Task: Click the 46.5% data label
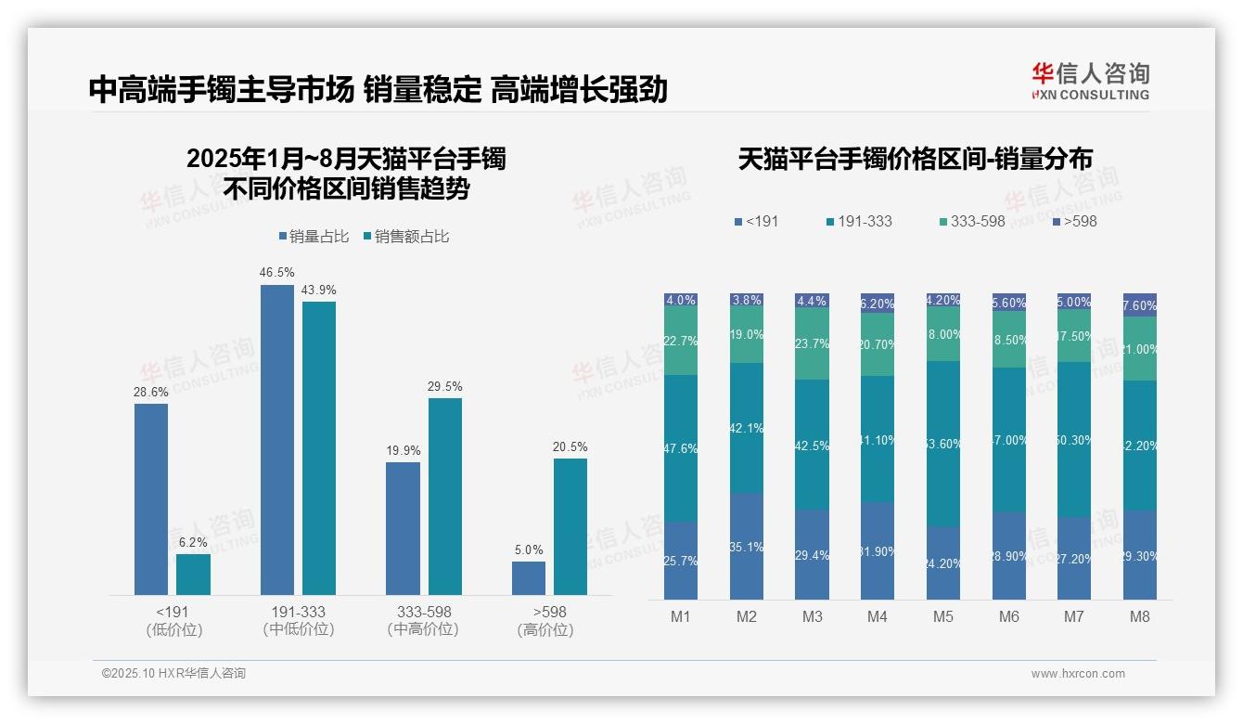(x=277, y=273)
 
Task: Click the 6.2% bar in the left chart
(x=193, y=575)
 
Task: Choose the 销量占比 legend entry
(x=314, y=237)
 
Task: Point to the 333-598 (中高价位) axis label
(x=423, y=620)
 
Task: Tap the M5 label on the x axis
(x=943, y=616)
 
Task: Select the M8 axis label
(x=1140, y=616)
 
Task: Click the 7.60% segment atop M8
(x=1140, y=305)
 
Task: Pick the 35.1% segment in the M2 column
(x=747, y=547)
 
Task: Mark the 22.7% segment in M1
(x=681, y=342)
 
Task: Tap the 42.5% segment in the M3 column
(x=813, y=445)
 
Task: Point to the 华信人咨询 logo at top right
(x=1090, y=81)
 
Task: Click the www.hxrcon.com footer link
(x=1078, y=674)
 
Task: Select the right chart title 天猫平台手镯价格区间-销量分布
(x=915, y=159)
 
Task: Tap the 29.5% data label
(x=445, y=386)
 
